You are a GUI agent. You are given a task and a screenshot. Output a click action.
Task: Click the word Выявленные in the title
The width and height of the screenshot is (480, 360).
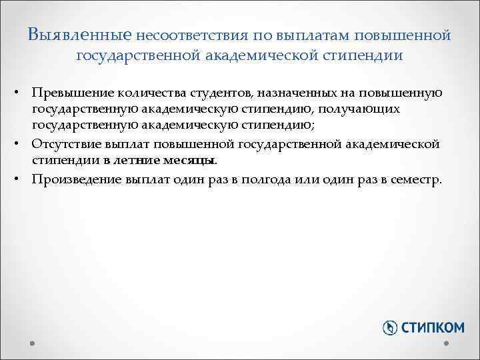point(81,33)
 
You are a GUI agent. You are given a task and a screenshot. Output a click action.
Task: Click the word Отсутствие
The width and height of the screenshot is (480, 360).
point(69,143)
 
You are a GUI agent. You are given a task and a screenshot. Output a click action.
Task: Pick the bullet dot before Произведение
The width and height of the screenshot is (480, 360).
point(22,179)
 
